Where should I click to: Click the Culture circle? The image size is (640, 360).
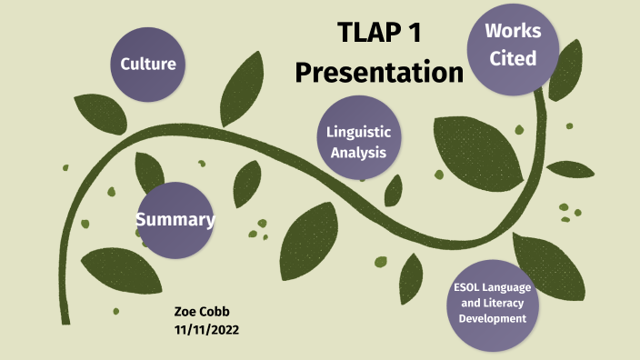pos(148,64)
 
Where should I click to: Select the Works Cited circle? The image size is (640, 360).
pos(512,45)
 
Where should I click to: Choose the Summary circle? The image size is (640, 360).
pos(175,219)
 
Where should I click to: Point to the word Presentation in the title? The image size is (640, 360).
pos(379,72)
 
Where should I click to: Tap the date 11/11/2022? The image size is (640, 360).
pos(206,328)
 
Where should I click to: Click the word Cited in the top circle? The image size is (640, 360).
pos(512,58)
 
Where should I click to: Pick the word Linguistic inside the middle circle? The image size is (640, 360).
pos(358,133)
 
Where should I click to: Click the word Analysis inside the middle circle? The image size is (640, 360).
pos(358,152)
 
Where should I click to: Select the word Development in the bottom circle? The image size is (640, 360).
pos(492,319)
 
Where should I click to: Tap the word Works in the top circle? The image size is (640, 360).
pos(512,31)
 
